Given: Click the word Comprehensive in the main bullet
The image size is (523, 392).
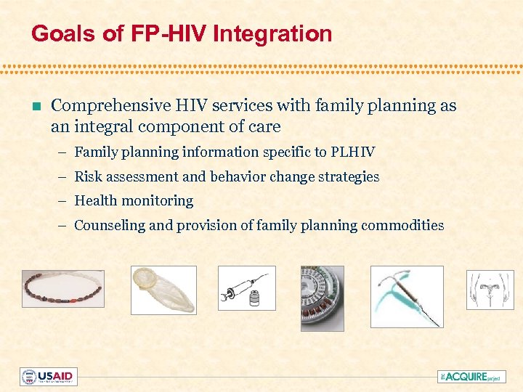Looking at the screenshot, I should click(x=112, y=106).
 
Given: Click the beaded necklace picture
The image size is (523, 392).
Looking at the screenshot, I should click(x=62, y=289).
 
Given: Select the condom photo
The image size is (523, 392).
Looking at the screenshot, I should click(x=163, y=290).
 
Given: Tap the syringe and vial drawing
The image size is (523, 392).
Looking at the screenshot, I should click(x=247, y=288).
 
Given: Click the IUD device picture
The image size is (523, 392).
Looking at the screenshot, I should click(x=406, y=296).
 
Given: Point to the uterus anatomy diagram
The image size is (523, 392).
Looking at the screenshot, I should click(x=490, y=290).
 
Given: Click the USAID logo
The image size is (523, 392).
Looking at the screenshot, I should click(x=48, y=377).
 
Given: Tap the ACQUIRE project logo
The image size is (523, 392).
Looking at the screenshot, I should click(x=470, y=377).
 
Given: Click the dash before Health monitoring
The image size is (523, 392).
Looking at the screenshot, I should click(x=64, y=201).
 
